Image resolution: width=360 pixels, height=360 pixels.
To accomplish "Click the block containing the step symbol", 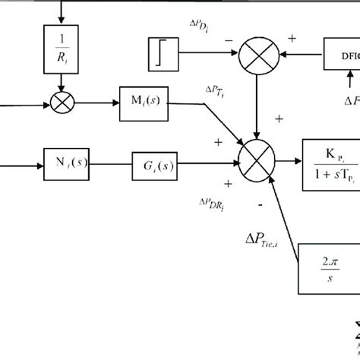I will pyautogui.click(x=163, y=54).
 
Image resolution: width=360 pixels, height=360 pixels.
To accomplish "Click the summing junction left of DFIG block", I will pyautogui.click(x=258, y=55).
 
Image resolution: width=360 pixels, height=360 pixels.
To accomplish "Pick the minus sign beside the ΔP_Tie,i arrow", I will pyautogui.click(x=260, y=204).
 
